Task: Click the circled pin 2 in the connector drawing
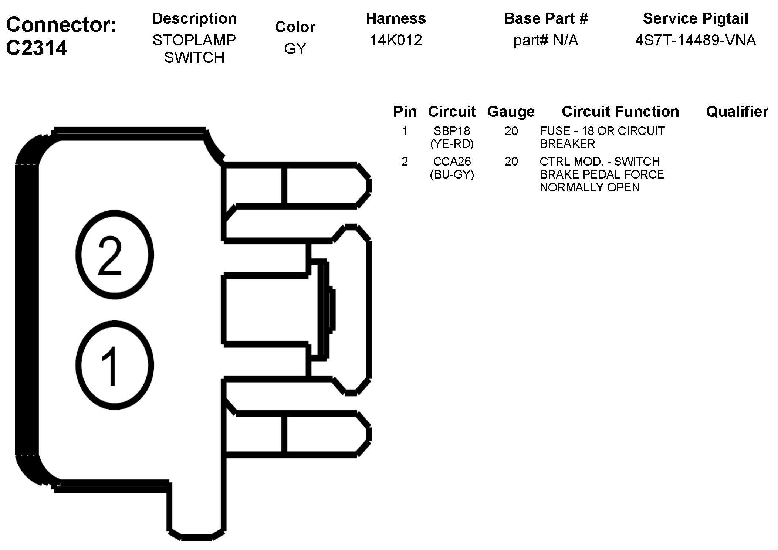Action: [x=114, y=255]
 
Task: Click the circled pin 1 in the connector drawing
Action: [x=114, y=365]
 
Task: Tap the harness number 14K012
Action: [x=396, y=40]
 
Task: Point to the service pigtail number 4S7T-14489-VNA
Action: [x=695, y=40]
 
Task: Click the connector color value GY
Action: [x=295, y=49]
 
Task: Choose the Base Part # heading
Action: [x=546, y=18]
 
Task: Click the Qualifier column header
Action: [x=737, y=112]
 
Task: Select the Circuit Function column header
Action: [x=620, y=112]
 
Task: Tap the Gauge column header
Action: [x=511, y=112]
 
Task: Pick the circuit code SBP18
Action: [x=452, y=131]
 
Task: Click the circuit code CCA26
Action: [x=452, y=162]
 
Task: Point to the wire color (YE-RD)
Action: [x=452, y=144]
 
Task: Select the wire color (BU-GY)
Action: [x=452, y=174]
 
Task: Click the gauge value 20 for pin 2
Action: [x=511, y=162]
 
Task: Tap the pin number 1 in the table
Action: [x=405, y=131]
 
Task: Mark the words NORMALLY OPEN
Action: [x=589, y=187]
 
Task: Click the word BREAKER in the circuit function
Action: [x=567, y=144]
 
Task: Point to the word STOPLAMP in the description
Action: [x=194, y=40]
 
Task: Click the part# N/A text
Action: [x=545, y=40]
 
